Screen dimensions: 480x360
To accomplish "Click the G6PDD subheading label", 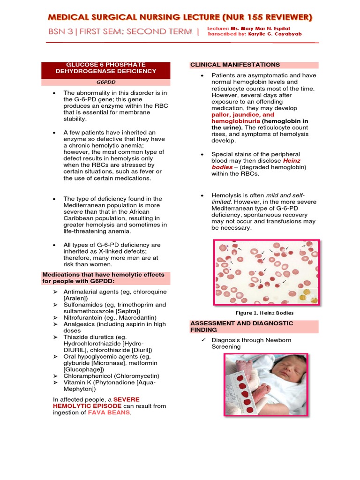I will click(106, 82).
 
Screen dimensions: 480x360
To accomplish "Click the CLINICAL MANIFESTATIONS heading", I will click(235, 65).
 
